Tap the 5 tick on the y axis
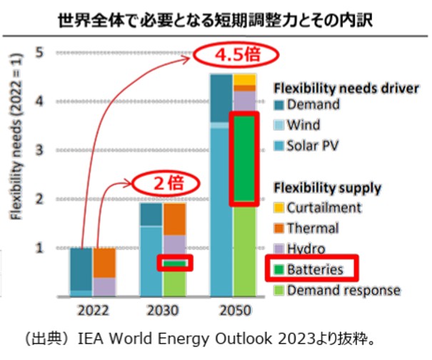click(40, 52)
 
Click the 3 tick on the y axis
click(40, 150)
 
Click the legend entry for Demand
click(313, 105)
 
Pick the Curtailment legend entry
click(322, 208)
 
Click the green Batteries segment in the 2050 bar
click(244, 159)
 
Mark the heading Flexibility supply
click(328, 188)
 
